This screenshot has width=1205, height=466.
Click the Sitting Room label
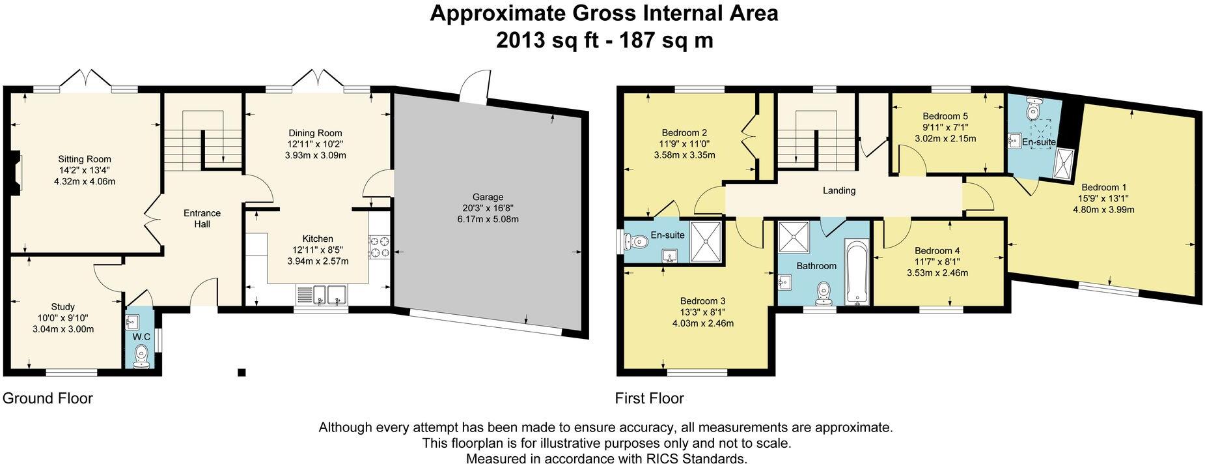click(x=85, y=159)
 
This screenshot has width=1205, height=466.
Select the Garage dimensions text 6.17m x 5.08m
click(x=488, y=220)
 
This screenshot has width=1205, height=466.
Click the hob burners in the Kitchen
click(x=379, y=248)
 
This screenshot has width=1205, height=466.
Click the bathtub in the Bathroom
click(x=856, y=273)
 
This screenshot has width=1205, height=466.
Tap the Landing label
click(x=838, y=190)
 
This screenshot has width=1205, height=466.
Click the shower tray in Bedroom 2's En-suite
click(x=706, y=242)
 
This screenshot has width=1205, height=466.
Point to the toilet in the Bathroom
click(x=824, y=292)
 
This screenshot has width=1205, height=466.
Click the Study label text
click(x=63, y=306)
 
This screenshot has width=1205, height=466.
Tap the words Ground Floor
click(x=48, y=398)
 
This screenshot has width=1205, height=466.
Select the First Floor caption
click(x=649, y=398)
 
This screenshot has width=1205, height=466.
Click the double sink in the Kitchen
click(x=322, y=295)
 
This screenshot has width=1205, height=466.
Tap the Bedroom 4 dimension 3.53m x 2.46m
click(x=937, y=273)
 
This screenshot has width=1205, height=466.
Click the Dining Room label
click(x=315, y=133)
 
